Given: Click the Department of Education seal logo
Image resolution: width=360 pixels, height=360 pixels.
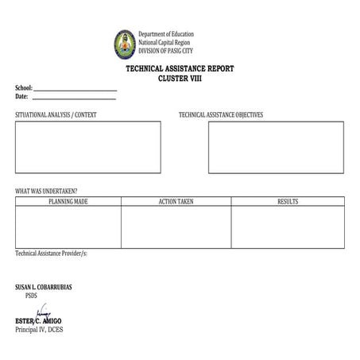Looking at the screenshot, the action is pos(125,44).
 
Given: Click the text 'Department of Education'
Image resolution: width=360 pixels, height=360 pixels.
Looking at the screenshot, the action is pos(166,35).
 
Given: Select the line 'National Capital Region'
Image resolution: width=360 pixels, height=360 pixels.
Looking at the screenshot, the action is pos(165,42).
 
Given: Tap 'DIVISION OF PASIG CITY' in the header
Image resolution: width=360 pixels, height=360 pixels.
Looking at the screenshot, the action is pos(165,50).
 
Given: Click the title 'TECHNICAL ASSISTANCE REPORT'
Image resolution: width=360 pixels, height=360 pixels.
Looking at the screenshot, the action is pos(180,69).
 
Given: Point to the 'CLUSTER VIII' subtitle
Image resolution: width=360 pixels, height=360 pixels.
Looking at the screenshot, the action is pos(180,78).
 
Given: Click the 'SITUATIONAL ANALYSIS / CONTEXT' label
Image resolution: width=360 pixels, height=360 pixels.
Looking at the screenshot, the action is pos(56,115).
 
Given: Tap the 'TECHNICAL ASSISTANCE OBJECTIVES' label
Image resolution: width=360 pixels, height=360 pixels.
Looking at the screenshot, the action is pos(221,115).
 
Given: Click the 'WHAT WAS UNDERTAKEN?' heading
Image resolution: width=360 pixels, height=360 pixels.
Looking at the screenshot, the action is pos(46,192).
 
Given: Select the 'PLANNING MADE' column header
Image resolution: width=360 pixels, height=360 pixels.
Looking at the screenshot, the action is pos(68,202).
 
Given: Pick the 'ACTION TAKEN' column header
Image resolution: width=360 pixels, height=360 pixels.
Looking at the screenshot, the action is pos(176,202).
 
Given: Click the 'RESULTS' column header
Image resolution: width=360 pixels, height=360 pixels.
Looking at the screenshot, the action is pos(288,202).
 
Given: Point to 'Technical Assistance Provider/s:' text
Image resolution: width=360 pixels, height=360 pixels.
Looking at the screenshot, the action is pos(51,254).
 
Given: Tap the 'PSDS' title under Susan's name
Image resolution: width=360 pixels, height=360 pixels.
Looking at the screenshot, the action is pos(32,295).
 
